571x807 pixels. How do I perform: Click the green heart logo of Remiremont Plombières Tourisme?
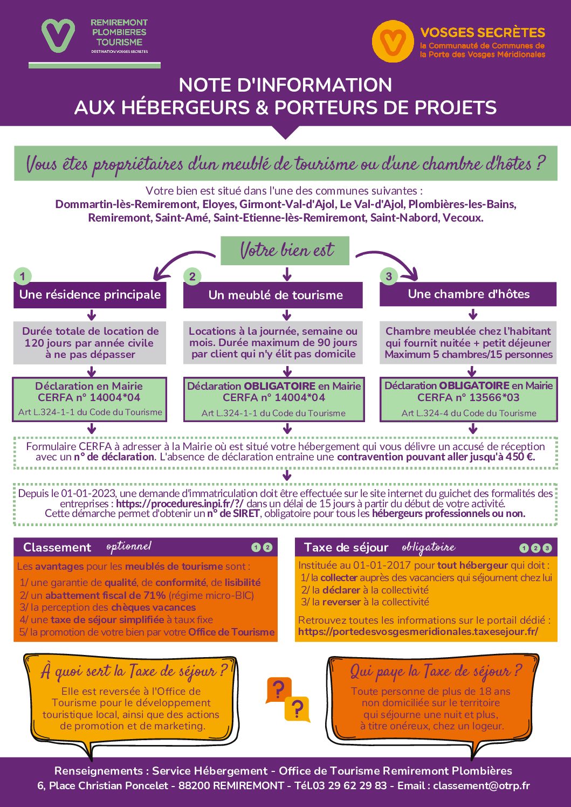point(58,36)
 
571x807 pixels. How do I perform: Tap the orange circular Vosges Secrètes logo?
point(393,42)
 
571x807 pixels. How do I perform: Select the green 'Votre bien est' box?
point(285,251)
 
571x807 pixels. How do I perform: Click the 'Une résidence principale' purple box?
point(90,295)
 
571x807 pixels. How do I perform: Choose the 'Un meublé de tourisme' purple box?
point(273,295)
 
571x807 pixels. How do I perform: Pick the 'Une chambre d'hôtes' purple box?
point(468,294)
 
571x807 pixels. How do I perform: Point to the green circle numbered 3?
point(389,277)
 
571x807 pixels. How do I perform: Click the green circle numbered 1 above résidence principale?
point(22,277)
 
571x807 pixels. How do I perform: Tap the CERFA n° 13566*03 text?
point(469,398)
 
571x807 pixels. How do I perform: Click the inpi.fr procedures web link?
point(180,503)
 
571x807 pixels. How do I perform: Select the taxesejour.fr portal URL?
point(418,631)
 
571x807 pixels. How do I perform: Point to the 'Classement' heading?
point(57,548)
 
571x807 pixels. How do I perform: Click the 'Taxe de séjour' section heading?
point(346,548)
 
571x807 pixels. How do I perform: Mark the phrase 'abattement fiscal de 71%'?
point(106,595)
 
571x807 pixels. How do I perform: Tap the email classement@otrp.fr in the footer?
point(481,786)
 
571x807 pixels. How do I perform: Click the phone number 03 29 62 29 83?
point(349,786)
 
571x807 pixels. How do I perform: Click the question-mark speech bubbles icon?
point(287,699)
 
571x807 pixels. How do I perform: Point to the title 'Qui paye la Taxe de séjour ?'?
point(436,672)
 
